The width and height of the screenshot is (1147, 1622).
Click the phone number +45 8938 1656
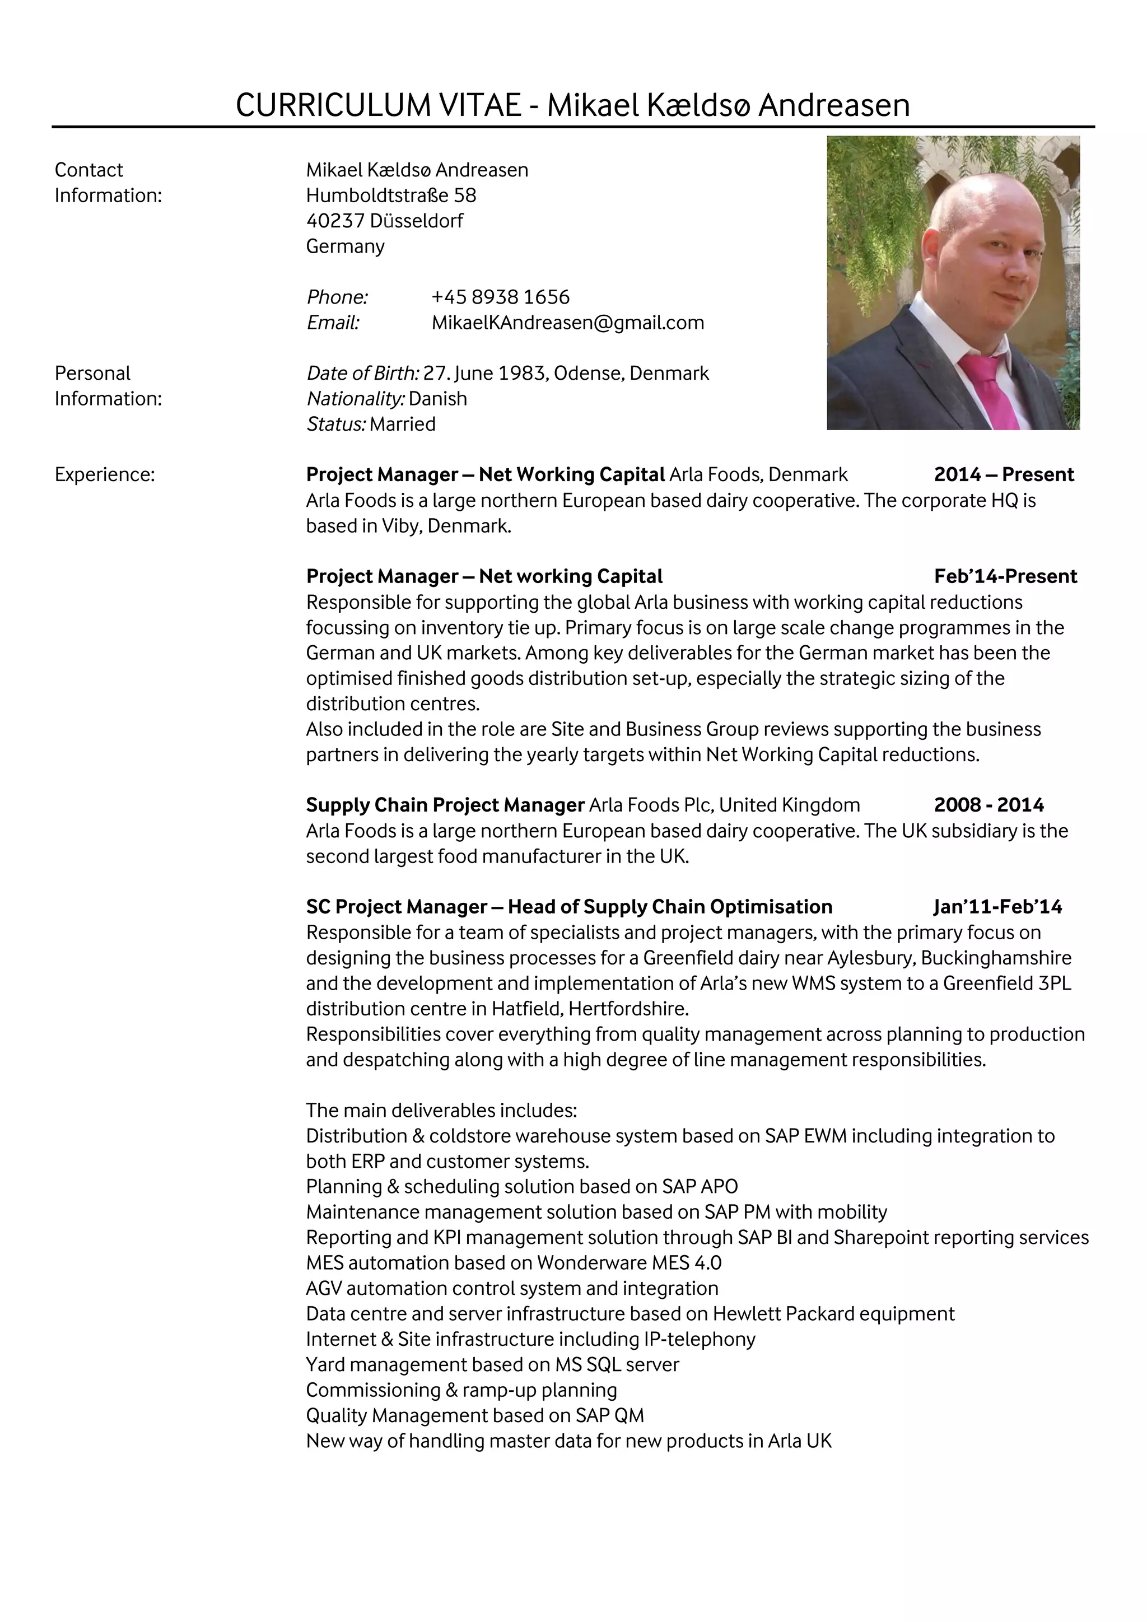click(500, 297)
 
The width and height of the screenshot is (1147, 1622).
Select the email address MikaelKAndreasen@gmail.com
click(568, 323)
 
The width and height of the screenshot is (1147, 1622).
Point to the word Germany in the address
click(346, 246)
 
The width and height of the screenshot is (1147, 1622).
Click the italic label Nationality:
click(355, 399)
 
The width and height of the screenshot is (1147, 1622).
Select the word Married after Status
click(403, 425)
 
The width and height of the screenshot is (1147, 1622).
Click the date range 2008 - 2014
click(988, 805)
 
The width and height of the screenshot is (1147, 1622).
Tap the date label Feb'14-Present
click(1005, 576)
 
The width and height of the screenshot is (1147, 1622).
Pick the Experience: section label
click(105, 475)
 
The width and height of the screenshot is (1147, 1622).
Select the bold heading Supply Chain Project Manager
click(445, 805)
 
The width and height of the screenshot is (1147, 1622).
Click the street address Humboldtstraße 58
click(391, 195)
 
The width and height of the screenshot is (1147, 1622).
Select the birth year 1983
click(523, 374)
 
